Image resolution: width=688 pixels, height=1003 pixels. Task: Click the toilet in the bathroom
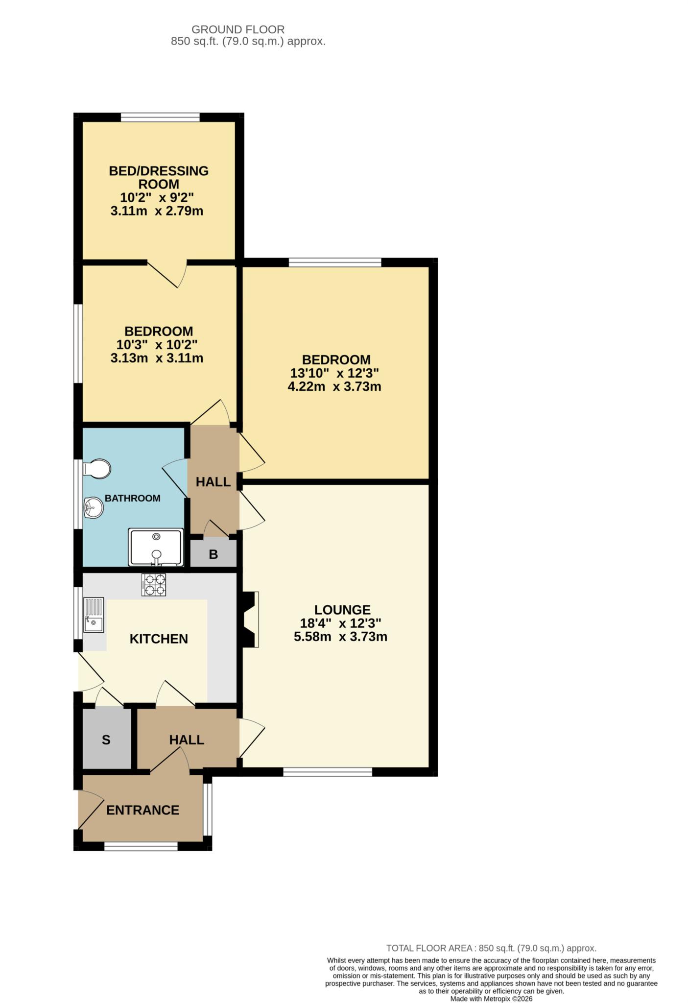[x=97, y=469]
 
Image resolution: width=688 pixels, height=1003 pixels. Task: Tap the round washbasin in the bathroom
[x=93, y=508]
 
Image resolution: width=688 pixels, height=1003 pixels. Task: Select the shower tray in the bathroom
[x=156, y=547]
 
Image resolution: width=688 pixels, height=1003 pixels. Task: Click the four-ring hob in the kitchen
[x=154, y=585]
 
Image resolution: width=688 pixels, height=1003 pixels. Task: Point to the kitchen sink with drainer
[x=94, y=615]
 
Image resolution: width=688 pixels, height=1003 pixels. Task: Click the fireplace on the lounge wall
[x=250, y=620]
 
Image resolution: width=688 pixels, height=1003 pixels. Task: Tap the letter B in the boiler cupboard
[x=213, y=554]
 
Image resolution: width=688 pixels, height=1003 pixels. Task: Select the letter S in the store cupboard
[x=106, y=740]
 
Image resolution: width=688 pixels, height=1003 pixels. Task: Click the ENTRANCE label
[x=142, y=810]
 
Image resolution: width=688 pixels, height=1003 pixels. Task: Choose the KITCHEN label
[x=159, y=639]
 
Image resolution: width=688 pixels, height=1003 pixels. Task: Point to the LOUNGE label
[x=342, y=610]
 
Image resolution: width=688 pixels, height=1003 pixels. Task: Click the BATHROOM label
[x=133, y=499]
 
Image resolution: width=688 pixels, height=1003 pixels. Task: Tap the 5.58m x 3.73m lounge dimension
[x=340, y=637]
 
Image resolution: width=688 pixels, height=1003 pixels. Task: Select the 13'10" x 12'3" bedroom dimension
[x=334, y=373]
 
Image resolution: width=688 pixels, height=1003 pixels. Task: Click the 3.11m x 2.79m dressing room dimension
[x=157, y=212]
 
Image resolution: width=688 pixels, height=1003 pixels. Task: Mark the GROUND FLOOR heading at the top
[x=237, y=30]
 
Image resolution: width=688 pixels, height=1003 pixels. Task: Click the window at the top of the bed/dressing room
[x=160, y=117]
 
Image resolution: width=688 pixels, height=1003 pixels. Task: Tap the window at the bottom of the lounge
[x=328, y=772]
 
